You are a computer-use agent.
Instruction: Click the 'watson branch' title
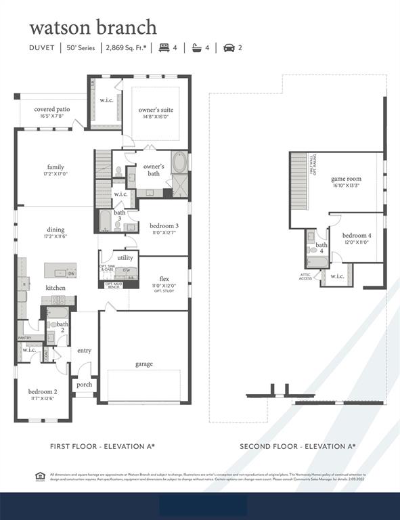93,27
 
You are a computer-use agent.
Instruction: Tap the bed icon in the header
163,47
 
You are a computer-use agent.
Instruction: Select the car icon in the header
229,47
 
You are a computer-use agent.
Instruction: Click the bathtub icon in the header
197,47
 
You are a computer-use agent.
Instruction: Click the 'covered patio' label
51,109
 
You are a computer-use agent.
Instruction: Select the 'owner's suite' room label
156,110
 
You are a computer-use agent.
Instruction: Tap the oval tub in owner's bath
181,162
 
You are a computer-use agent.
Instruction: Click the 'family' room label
55,167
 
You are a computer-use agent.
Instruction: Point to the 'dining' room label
55,230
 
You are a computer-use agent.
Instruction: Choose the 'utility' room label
125,258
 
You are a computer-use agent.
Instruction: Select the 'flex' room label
163,279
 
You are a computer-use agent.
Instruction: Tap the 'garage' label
143,364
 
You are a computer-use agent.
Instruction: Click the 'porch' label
85,385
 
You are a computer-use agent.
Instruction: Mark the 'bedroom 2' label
42,391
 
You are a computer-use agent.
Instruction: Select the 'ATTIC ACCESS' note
306,276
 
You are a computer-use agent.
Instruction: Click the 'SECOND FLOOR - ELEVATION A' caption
297,446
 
